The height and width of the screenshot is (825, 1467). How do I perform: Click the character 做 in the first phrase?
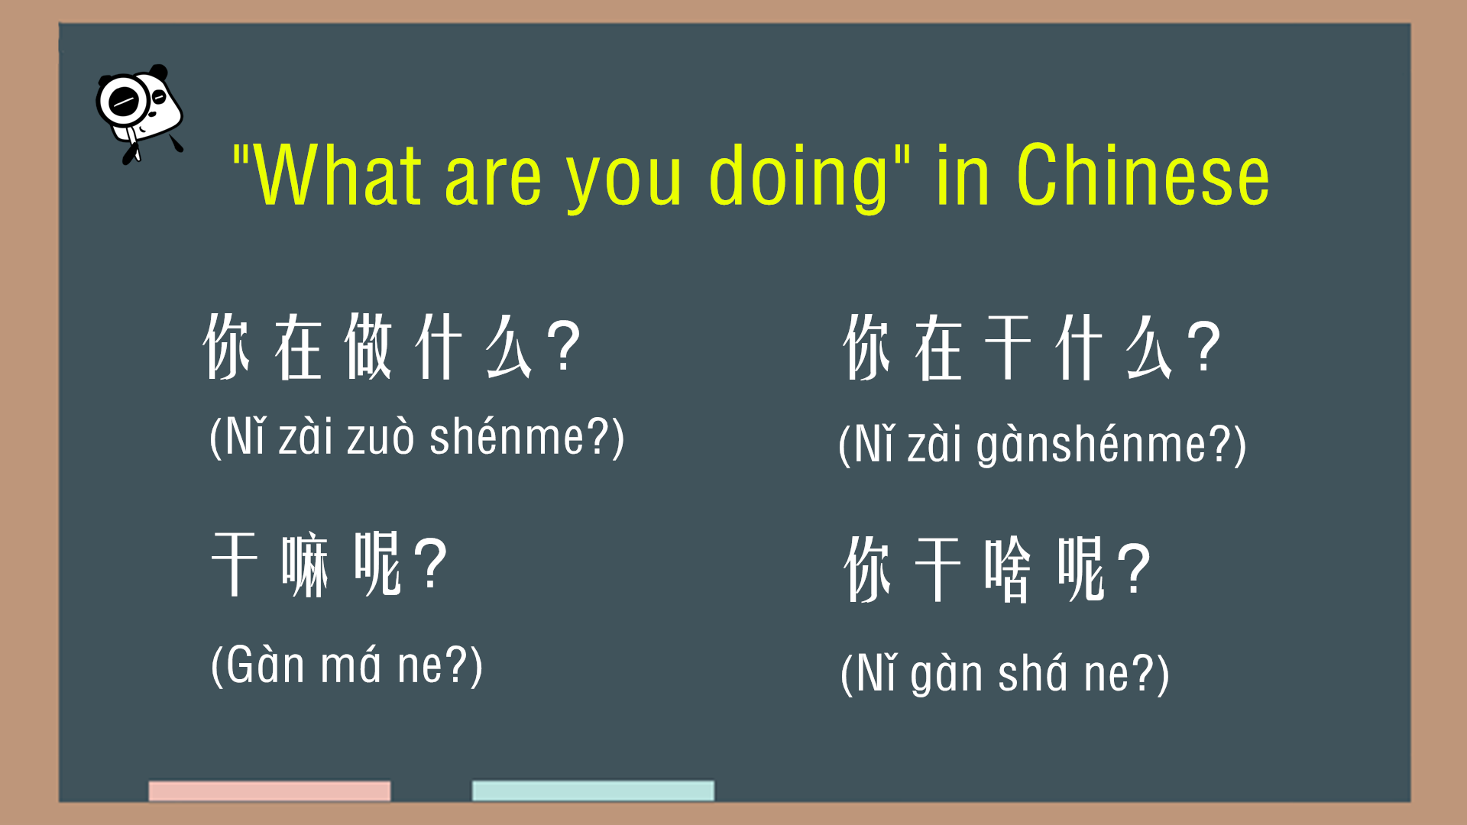[368, 347]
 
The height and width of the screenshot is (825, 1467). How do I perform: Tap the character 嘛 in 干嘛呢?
[305, 566]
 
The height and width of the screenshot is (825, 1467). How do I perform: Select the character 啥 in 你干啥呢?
[1008, 570]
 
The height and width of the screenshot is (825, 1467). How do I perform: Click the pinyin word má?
[350, 665]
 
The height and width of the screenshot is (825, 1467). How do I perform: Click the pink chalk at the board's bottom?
[270, 791]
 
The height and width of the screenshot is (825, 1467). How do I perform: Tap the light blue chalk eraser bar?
[593, 791]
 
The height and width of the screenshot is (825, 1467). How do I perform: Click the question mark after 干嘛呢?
[432, 565]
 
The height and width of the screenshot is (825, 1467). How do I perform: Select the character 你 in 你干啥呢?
[867, 570]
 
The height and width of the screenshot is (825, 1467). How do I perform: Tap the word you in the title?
[623, 183]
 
